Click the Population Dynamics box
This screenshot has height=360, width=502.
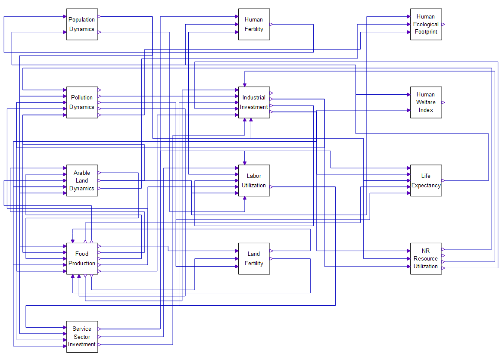[x=82, y=24]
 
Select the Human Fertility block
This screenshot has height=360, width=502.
[x=254, y=24]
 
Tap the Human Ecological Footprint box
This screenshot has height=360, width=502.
[x=426, y=24]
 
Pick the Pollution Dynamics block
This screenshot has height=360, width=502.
[x=82, y=102]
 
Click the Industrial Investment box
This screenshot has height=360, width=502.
[x=254, y=102]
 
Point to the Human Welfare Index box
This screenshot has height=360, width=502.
[x=426, y=102]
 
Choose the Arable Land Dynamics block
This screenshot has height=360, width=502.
[x=82, y=180]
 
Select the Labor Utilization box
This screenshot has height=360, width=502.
[x=254, y=180]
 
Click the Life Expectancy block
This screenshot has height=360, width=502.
[x=426, y=180]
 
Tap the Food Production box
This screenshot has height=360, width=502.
[x=82, y=258]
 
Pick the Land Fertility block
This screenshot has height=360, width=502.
[x=254, y=258]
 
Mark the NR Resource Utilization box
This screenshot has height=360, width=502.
[x=426, y=258]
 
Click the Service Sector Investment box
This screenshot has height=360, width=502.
[x=82, y=337]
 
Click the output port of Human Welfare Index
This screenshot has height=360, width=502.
[x=443, y=102]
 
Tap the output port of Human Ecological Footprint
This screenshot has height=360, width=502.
[x=443, y=25]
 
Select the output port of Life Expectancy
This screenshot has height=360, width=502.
[x=443, y=181]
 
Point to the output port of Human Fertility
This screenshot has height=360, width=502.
[x=271, y=25]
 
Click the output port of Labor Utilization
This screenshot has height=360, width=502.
[x=271, y=186]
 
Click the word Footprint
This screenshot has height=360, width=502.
[x=426, y=32]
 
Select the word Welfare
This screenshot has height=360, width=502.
[x=426, y=102]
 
